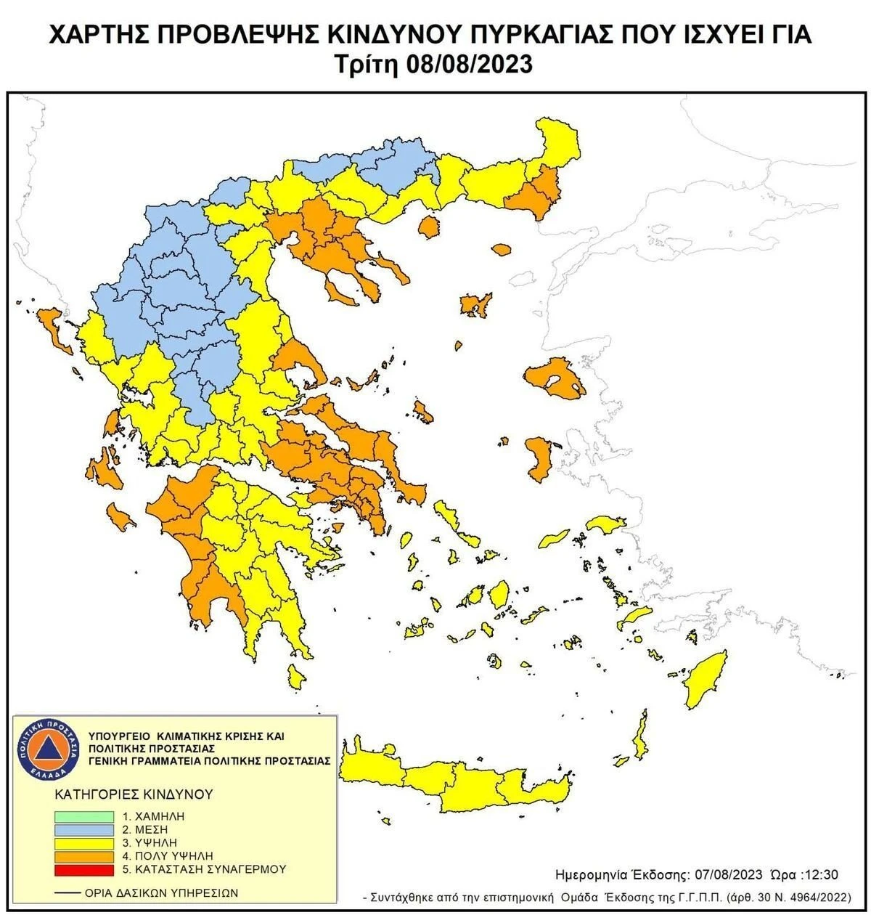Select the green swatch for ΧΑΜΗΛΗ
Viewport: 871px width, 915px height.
(83, 816)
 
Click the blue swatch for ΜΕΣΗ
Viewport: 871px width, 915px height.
(83, 829)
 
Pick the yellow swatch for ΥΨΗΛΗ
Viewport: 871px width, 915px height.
(83, 842)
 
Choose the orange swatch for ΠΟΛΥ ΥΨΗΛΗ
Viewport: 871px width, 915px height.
(83, 855)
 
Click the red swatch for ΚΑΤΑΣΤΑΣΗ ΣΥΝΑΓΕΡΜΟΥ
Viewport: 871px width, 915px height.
(83, 869)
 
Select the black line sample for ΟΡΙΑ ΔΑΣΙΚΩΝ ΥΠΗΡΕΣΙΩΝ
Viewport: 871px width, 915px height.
(67, 892)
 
